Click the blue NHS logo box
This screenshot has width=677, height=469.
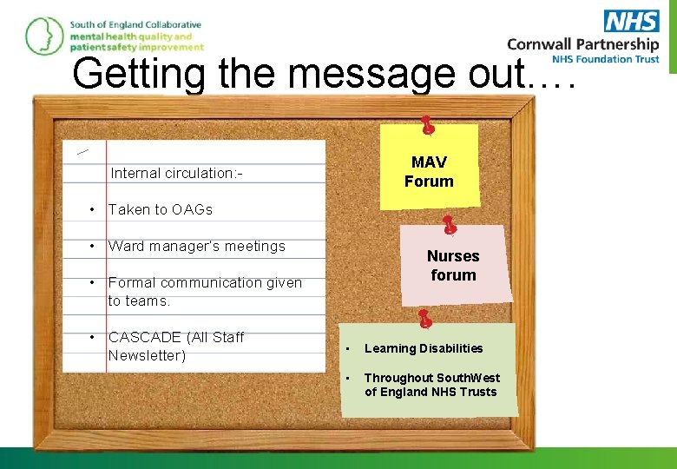(631, 21)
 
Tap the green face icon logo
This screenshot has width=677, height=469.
(43, 36)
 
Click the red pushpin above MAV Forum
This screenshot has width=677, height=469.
(427, 126)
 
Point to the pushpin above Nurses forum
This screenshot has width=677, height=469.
(449, 226)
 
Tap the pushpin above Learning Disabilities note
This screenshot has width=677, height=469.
(424, 319)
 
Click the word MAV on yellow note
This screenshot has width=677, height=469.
(429, 162)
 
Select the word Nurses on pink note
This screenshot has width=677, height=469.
(453, 256)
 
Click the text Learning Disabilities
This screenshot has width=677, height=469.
(424, 348)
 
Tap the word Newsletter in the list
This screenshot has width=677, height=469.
(147, 355)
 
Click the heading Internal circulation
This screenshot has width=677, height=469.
(176, 173)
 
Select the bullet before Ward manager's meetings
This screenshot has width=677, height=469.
(91, 246)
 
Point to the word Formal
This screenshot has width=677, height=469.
(131, 282)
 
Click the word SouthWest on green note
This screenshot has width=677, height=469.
(470, 378)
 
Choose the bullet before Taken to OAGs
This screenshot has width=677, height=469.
(91, 209)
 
